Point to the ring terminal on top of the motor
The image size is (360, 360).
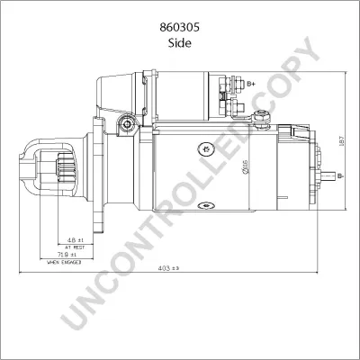(x=263, y=115)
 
